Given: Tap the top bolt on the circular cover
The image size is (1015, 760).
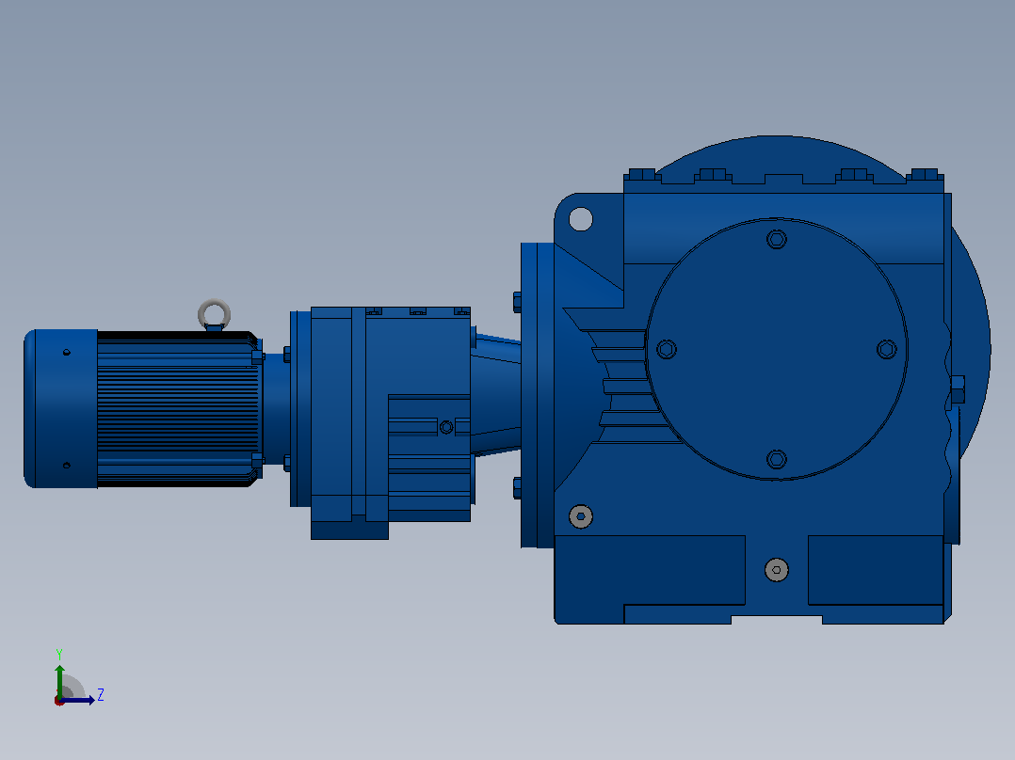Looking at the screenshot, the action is [777, 239].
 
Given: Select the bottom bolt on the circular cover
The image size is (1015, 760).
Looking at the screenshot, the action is [777, 459].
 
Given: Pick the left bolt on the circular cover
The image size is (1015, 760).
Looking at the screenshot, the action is [667, 349].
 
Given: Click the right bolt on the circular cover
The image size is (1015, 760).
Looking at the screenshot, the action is [887, 349].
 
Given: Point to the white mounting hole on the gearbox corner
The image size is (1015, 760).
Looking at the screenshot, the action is [581, 219].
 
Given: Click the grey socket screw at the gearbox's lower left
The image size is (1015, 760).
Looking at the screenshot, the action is [581, 516].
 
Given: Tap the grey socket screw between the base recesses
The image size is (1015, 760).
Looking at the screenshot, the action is [777, 570].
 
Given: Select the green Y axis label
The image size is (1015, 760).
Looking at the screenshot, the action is [59, 654].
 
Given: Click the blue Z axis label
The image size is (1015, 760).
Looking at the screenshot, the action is [101, 695].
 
